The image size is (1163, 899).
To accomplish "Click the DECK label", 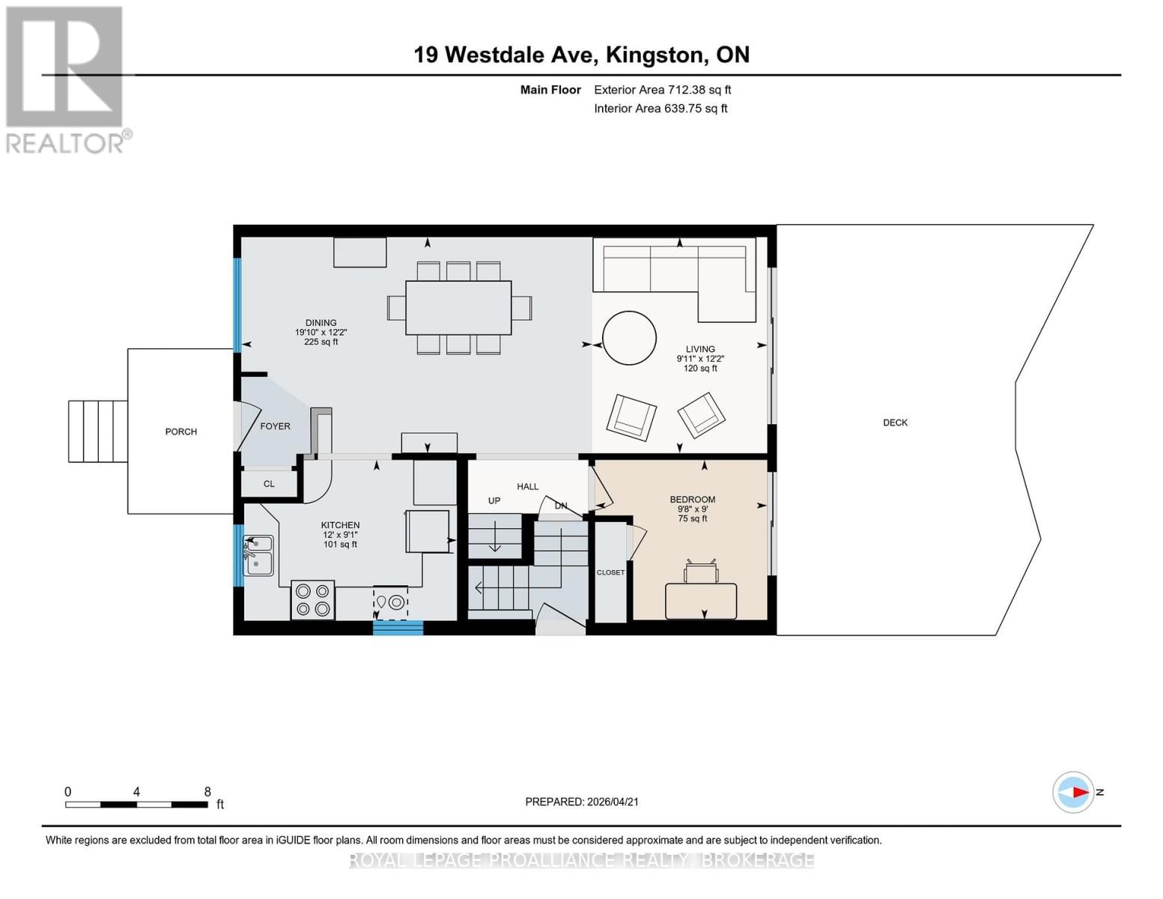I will click(895, 423).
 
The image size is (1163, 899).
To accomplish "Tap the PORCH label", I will click(180, 432).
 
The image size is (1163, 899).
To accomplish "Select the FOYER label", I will click(275, 426).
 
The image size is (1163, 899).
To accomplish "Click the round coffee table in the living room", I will click(629, 338).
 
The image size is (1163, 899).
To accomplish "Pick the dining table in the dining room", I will click(458, 308).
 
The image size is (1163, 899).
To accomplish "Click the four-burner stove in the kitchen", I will click(313, 600).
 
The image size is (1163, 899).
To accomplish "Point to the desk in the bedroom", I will click(701, 601).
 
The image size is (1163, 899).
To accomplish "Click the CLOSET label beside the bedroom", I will click(610, 572).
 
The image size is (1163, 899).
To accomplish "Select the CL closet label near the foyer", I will click(269, 484).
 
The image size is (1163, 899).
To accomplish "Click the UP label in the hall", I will click(494, 500).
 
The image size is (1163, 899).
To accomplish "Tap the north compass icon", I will click(1074, 792).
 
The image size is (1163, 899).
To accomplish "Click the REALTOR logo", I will click(66, 79).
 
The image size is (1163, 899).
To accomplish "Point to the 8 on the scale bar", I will click(207, 792).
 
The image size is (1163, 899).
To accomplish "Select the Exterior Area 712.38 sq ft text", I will click(662, 90).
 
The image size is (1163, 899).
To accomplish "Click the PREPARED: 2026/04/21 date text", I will click(582, 802).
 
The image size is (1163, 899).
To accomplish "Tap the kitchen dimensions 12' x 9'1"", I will click(340, 535).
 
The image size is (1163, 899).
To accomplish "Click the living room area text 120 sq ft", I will click(700, 369).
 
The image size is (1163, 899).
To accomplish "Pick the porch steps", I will click(98, 432).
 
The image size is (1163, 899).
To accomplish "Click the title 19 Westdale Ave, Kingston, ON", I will click(581, 55).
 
